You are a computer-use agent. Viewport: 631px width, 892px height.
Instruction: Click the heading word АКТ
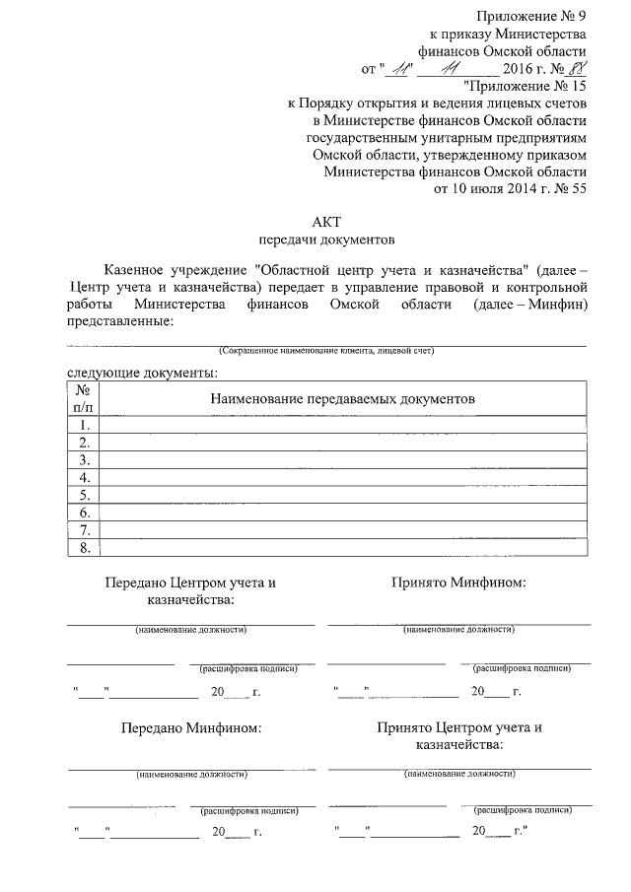click(326, 221)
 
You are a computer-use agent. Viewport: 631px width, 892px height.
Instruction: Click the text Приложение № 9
click(531, 15)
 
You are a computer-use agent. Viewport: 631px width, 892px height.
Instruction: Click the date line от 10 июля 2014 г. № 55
click(510, 191)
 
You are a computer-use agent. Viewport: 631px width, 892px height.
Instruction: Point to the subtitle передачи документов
click(326, 239)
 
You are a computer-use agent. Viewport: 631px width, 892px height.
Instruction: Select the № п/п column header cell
click(84, 398)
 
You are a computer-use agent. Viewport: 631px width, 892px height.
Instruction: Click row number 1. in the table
click(85, 425)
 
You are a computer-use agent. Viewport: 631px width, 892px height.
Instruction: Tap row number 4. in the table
click(85, 478)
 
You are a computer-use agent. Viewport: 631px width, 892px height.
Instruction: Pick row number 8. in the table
click(85, 548)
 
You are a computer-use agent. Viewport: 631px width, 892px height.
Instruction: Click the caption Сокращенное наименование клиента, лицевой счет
click(326, 351)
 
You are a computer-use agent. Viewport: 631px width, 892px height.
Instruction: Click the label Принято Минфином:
click(458, 583)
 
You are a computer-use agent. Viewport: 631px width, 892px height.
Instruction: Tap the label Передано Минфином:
click(191, 728)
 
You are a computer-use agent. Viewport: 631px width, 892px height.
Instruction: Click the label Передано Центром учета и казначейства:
click(191, 590)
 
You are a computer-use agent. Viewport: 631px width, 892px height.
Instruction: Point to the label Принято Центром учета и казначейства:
click(459, 736)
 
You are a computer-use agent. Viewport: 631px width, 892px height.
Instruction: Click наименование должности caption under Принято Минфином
click(459, 629)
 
